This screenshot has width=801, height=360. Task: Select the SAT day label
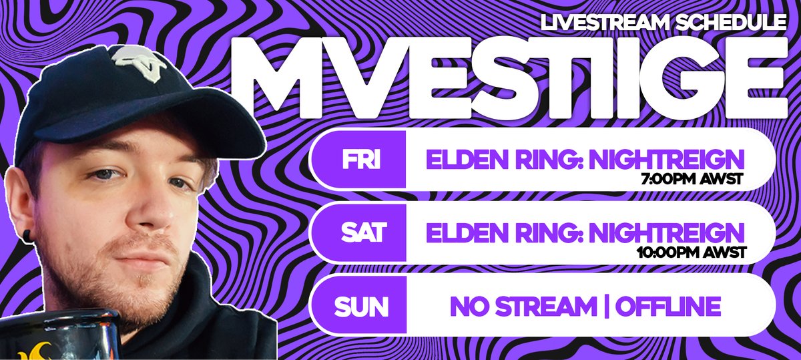pyautogui.click(x=362, y=233)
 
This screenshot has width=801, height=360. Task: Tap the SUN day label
pyautogui.click(x=362, y=307)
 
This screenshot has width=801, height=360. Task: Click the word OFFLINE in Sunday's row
pyautogui.click(x=668, y=307)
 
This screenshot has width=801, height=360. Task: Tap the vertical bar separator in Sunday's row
pyautogui.click(x=606, y=307)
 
